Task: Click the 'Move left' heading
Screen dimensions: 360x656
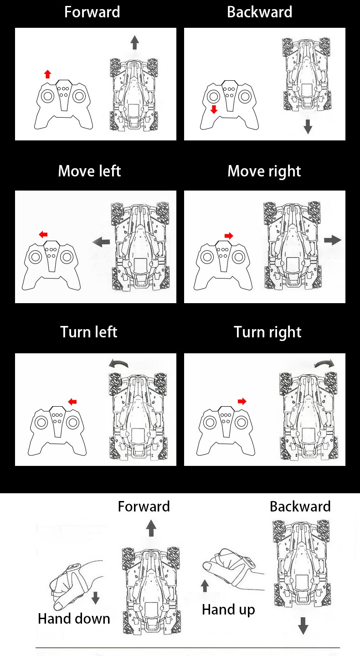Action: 89,171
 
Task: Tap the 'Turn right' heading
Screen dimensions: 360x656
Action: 267,332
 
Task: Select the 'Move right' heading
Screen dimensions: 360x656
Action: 264,171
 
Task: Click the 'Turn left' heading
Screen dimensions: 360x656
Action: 89,332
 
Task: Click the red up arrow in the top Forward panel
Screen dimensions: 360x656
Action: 47,74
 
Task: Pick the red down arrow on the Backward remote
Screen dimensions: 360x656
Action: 214,109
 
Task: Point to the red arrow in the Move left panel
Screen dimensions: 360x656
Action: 43,234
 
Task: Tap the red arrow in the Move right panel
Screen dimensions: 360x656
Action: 229,235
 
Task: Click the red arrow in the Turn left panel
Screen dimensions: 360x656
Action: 72,402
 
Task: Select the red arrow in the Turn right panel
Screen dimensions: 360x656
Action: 242,401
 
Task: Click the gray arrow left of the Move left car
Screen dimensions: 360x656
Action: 101,242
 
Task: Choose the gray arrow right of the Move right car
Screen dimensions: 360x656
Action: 333,240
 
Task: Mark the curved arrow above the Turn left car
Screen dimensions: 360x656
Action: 118,363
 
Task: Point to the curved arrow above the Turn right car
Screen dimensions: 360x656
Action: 324,363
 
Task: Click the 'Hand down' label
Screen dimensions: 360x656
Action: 74,619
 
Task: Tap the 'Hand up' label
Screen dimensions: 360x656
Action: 228,610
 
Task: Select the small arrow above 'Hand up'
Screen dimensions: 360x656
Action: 205,585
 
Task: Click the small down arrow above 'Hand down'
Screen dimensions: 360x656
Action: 95,598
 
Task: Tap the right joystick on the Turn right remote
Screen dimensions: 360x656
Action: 241,422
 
